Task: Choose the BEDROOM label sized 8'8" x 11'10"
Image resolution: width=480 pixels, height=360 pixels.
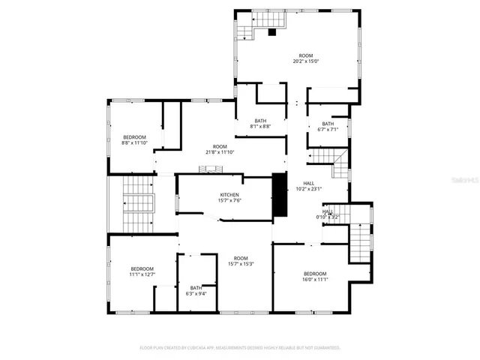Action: coord(135,136)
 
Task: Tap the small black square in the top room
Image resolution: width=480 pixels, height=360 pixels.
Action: coord(272,32)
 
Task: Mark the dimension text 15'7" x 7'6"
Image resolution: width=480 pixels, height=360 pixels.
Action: coord(229,200)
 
